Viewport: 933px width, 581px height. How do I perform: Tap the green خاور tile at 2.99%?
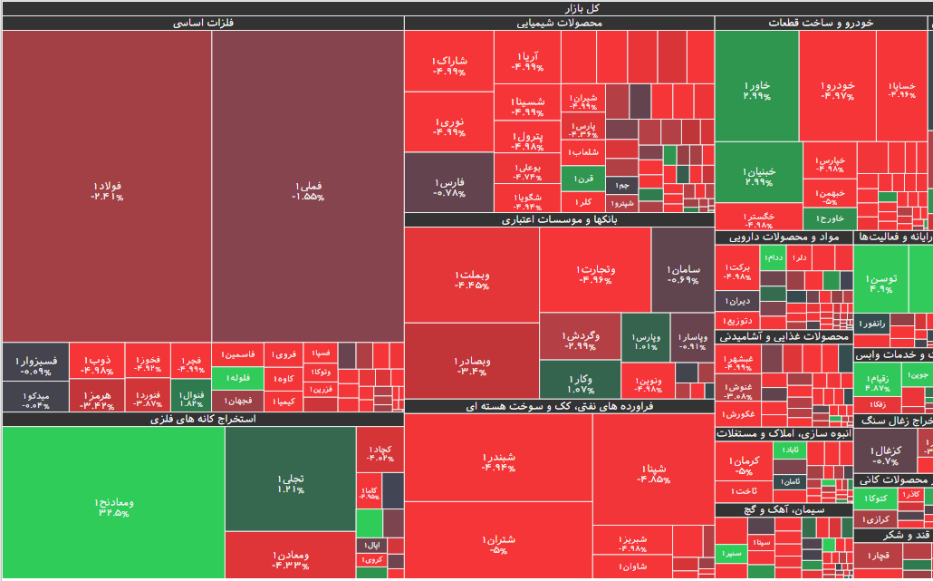point(756,86)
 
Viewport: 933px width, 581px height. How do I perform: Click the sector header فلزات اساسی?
point(203,23)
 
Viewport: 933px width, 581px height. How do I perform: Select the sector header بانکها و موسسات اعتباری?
point(558,219)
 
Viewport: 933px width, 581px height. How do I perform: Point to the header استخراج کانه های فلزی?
point(203,419)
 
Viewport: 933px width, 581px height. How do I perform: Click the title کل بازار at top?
point(466,7)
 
